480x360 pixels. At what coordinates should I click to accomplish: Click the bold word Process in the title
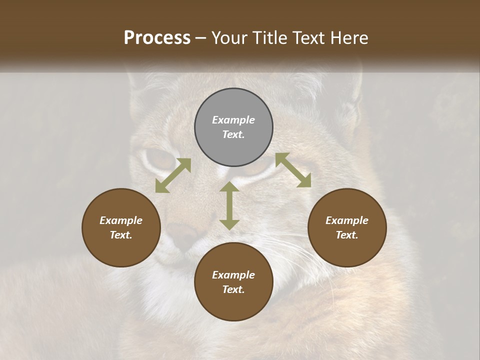(x=157, y=38)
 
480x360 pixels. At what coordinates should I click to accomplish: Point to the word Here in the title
(x=349, y=38)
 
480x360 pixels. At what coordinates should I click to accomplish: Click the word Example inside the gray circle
(x=233, y=120)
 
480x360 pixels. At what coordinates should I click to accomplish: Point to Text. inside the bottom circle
(x=233, y=289)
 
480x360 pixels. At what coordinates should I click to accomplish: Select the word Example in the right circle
(x=347, y=220)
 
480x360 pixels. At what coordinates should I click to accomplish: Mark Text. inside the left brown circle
(x=121, y=235)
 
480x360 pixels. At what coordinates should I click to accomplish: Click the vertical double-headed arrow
(x=229, y=205)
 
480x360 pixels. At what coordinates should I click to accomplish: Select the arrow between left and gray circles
(x=173, y=175)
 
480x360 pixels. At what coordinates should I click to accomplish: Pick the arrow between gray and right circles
(x=293, y=170)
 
